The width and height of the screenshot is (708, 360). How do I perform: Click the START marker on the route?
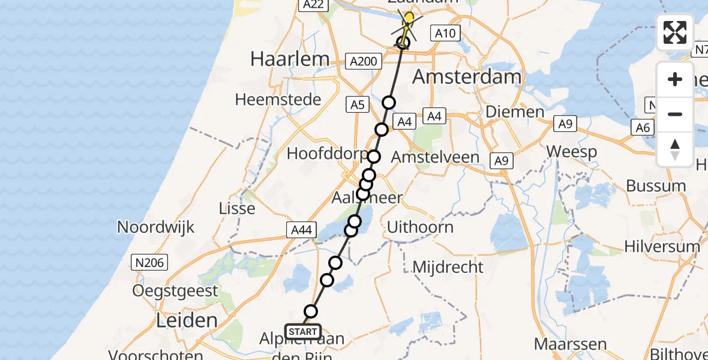coord(303,332)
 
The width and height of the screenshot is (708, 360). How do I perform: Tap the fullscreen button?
coord(675,32)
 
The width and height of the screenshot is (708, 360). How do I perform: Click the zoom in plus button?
coord(675,79)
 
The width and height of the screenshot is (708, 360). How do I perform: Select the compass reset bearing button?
coord(675,149)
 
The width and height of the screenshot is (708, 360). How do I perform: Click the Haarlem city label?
coord(290,59)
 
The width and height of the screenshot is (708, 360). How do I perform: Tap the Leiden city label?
coord(186,320)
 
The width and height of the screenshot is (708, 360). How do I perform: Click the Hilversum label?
coord(662,246)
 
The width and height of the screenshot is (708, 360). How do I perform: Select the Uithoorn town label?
coord(420,227)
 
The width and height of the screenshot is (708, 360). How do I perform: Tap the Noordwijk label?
coord(156,227)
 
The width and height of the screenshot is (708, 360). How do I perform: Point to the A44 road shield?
coord(302,229)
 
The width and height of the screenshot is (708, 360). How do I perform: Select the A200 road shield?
coord(364,61)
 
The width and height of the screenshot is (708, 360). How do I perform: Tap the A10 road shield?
coord(445,34)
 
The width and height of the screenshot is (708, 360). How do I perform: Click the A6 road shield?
coord(643,127)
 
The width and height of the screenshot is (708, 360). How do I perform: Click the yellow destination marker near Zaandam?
coord(409,18)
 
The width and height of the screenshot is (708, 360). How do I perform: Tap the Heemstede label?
coord(278,99)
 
